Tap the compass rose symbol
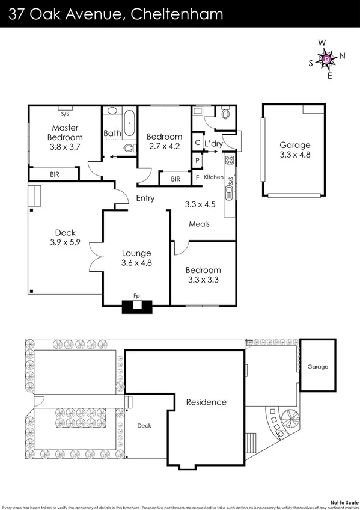326,59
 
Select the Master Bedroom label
66,137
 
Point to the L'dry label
213,144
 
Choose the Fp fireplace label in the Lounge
137,296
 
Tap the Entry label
145,198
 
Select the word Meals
199,224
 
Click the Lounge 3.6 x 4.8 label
137,257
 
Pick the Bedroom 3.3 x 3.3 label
203,275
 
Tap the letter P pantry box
197,161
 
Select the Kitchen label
213,177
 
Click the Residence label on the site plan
206,402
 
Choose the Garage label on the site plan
318,367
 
